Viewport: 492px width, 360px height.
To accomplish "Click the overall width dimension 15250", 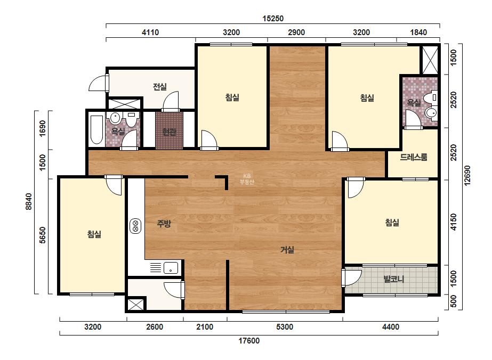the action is (273, 19).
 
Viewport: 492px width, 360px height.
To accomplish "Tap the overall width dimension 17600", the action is (249, 341).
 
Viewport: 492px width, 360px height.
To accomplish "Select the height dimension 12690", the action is (467, 176).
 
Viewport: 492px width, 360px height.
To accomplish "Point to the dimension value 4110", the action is (150, 32).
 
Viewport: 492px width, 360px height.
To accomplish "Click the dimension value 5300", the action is (285, 327).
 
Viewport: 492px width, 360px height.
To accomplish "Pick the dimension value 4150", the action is (454, 222).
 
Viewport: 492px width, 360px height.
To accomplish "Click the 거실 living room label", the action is (287, 250).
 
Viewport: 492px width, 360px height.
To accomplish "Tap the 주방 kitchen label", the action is (164, 224).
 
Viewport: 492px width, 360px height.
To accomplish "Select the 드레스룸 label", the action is (414, 157).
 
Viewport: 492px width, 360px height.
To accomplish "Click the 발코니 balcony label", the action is (394, 279).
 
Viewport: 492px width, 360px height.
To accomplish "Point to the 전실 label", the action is (160, 87).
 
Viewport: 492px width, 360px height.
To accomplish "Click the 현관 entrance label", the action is (169, 132).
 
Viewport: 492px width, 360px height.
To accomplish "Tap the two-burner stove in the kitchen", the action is (135, 226).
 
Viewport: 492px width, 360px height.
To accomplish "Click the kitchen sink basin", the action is (171, 268).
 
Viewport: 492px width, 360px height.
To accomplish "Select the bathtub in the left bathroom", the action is (96, 130).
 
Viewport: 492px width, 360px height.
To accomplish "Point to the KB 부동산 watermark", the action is (247, 179).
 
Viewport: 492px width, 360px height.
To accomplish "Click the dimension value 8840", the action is (29, 202).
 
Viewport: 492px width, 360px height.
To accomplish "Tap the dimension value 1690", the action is (43, 128).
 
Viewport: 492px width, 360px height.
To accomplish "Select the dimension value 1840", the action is (418, 32).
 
